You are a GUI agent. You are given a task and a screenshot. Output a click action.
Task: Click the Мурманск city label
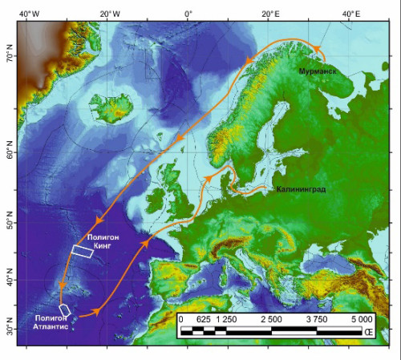(x=317, y=71)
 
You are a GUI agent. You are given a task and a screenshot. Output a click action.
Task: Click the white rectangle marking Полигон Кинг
(x=82, y=251)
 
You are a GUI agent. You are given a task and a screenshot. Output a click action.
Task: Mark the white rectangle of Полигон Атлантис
(x=65, y=309)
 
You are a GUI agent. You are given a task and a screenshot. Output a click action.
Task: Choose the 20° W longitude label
(x=108, y=14)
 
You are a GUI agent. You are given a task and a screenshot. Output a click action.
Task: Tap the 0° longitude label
(x=188, y=14)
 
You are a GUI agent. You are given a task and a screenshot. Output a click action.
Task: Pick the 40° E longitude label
(x=350, y=14)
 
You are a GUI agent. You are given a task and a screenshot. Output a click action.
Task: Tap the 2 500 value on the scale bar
(x=271, y=320)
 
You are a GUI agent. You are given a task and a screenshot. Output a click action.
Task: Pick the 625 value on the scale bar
(x=203, y=320)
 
